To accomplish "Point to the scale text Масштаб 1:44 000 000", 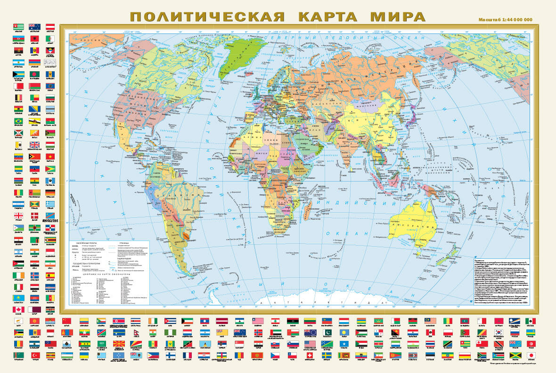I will [x=505, y=20].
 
